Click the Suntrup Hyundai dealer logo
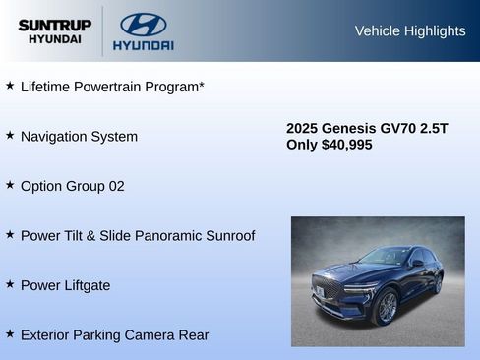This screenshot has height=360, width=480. (54, 31)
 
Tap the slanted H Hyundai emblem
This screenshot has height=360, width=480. (143, 25)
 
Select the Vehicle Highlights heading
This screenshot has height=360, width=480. (409, 31)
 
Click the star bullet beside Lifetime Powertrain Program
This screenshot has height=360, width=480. (10, 86)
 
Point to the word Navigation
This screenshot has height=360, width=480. (54, 136)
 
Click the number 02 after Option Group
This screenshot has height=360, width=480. (115, 186)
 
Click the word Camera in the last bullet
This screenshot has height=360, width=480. (150, 335)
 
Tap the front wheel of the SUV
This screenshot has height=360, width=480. (386, 307)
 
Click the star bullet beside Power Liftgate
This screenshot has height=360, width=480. (10, 284)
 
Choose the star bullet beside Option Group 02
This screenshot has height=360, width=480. (10, 185)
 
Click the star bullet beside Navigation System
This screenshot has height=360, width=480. (10, 135)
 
